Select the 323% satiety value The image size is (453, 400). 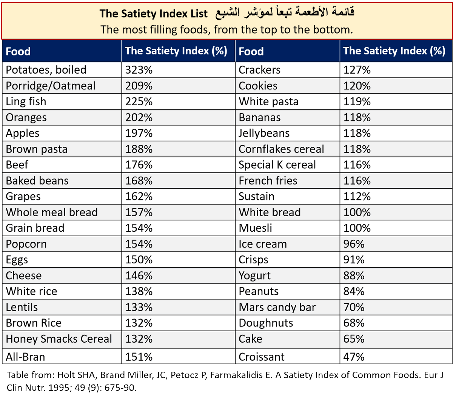[139, 70]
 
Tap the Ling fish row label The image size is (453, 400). [26, 102]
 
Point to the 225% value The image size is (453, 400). [139, 102]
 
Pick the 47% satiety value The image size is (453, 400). [354, 357]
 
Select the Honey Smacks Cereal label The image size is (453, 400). [59, 339]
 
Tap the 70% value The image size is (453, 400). [354, 307]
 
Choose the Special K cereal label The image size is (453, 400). [277, 165]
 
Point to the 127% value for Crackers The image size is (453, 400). [357, 70]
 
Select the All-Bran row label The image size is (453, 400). [25, 357]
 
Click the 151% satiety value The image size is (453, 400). [139, 357]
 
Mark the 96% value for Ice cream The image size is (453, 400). [354, 244]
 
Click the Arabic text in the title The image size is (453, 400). [285, 12]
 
